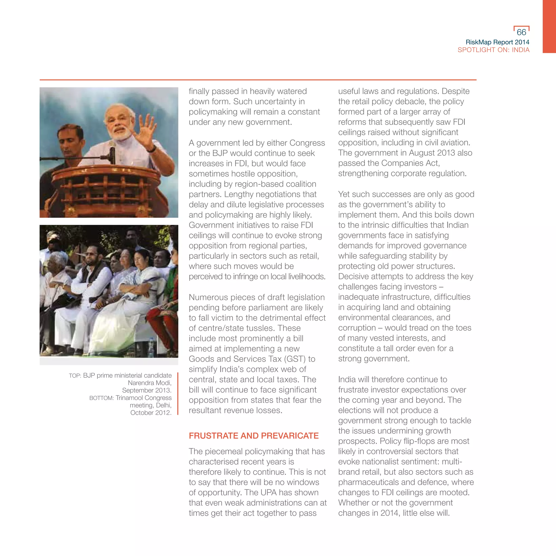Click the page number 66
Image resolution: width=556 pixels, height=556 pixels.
point(521,32)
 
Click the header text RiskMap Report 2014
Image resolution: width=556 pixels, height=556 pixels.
point(497,42)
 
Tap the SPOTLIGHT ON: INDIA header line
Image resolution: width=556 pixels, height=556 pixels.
point(493,50)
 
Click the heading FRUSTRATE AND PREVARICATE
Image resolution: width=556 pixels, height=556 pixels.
point(254,436)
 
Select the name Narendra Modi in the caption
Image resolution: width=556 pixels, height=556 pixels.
point(149,383)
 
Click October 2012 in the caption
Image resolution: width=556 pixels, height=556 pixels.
point(150,413)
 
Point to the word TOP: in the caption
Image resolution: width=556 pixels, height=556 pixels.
point(75,375)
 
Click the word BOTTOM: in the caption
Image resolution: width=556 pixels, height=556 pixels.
point(101,398)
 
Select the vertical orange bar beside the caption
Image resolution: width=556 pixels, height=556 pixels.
point(178,394)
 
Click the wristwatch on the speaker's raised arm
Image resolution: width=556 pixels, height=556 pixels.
point(152,149)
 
